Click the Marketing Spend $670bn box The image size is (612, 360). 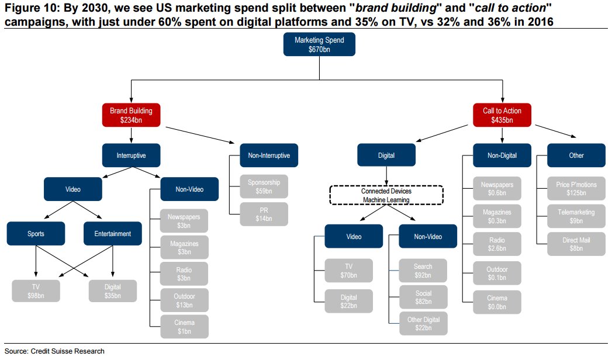319,45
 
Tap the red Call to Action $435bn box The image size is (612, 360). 502,115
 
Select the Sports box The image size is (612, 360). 36,234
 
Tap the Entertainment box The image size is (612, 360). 112,234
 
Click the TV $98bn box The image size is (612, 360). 36,291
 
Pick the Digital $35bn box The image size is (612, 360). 112,291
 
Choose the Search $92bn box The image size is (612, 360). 423,271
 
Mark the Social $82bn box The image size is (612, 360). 423,297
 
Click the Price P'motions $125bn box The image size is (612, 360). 576,188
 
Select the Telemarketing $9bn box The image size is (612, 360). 576,216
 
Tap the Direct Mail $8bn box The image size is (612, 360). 576,244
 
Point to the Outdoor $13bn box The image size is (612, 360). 184,300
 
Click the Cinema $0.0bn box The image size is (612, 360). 497,302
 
